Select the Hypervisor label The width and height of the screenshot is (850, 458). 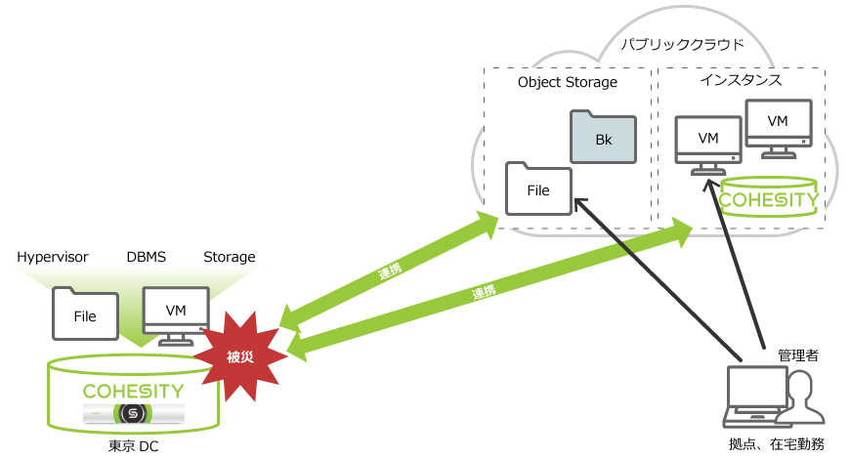click(53, 257)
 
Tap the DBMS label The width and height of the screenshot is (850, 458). click(146, 257)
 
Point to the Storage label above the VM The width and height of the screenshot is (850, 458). click(229, 257)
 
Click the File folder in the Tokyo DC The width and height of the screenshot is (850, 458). click(86, 312)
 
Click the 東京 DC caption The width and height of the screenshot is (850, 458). click(135, 446)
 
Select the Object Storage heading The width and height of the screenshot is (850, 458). click(567, 82)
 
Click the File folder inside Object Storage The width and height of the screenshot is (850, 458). click(538, 187)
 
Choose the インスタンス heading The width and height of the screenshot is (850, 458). click(741, 80)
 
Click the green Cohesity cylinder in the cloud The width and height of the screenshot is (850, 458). click(769, 199)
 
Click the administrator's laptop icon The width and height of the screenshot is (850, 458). click(755, 398)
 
